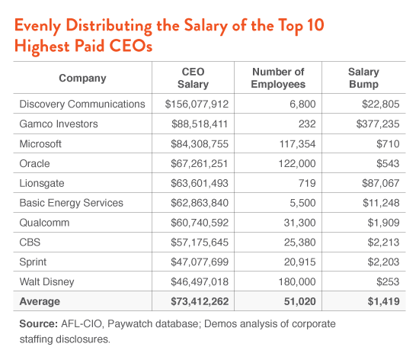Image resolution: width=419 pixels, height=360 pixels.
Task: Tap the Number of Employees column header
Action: click(x=278, y=78)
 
